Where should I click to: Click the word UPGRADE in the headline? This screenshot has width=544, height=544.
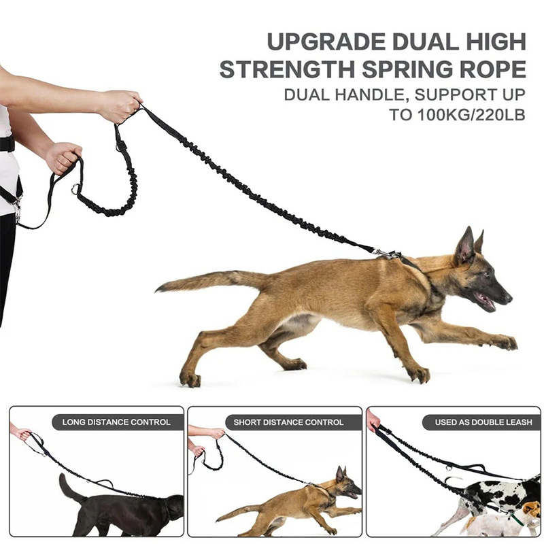(326, 42)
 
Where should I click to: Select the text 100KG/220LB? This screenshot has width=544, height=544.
(471, 115)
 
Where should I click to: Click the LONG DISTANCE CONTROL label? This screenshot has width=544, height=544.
(116, 422)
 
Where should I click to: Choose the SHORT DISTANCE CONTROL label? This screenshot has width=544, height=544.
(288, 422)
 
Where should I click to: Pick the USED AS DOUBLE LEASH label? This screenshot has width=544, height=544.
(483, 422)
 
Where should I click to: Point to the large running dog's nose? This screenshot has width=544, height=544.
(508, 298)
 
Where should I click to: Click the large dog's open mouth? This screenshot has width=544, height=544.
(486, 301)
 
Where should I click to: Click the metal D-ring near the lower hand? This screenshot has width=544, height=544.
(75, 189)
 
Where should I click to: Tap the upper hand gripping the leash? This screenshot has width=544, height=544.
(119, 105)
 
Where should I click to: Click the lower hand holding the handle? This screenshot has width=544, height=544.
(63, 158)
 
